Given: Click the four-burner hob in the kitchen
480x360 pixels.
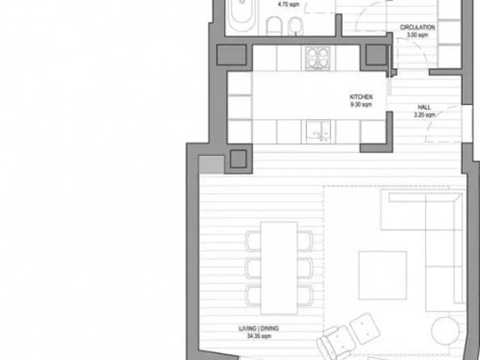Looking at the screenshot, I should [x=319, y=58].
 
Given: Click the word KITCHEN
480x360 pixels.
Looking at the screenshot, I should [x=361, y=98].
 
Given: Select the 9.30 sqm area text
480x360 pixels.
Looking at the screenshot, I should [x=361, y=106].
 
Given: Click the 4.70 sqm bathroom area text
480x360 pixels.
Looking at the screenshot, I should [x=287, y=4].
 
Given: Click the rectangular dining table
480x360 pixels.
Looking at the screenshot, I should [x=277, y=267].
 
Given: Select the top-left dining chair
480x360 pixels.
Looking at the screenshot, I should [x=253, y=240].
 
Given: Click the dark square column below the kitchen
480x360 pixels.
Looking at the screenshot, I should [x=239, y=158].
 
